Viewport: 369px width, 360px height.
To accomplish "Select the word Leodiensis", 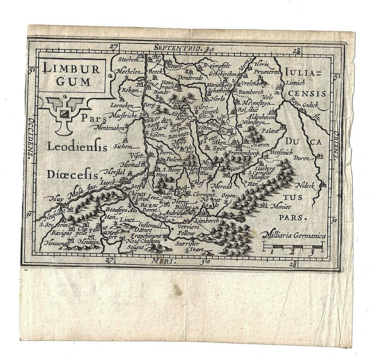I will [77, 147].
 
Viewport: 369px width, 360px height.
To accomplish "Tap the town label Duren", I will [302, 157].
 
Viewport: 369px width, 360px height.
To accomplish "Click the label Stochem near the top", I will [128, 60].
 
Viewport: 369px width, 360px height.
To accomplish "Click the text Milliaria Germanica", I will [295, 236].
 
